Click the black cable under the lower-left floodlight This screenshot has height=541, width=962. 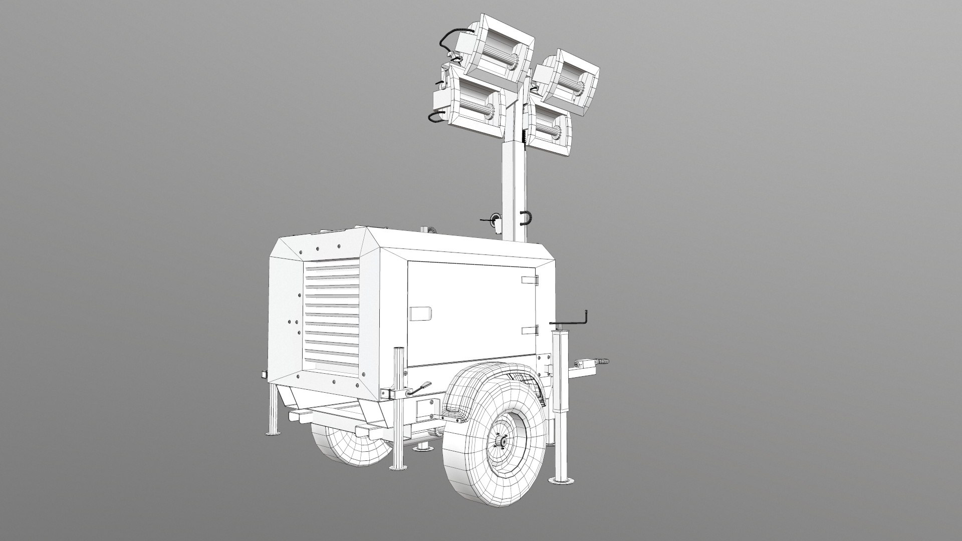click(437, 117)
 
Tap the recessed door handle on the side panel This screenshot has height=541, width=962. click(420, 314)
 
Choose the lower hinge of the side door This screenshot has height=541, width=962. click(530, 330)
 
